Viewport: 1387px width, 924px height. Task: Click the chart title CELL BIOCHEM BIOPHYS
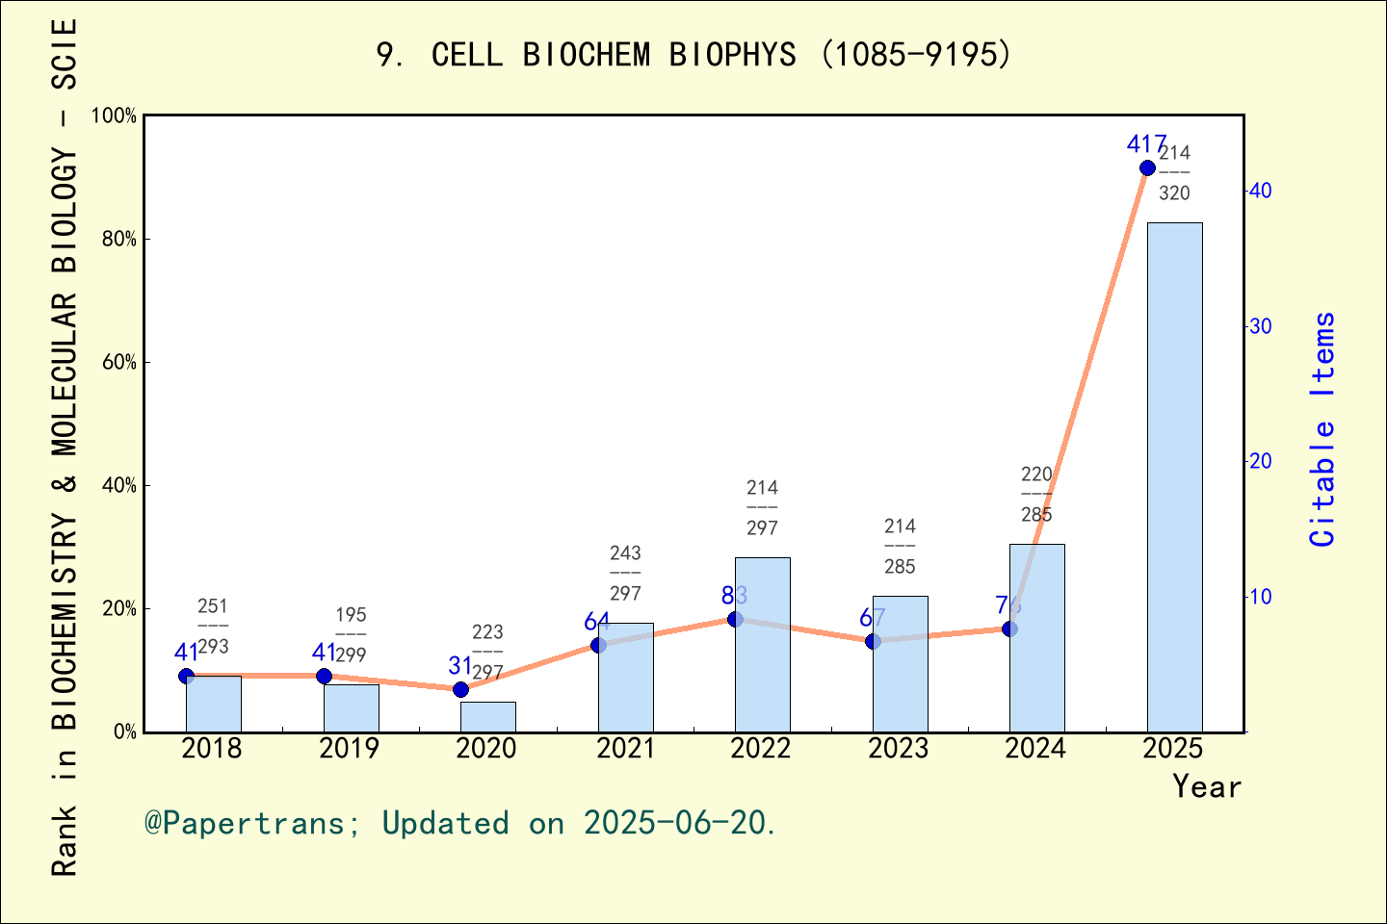(693, 55)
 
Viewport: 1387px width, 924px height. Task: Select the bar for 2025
(1174, 476)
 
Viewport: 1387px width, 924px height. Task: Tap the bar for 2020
(487, 717)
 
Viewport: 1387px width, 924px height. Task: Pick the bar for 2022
(762, 645)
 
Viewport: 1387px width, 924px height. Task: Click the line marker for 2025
(1147, 168)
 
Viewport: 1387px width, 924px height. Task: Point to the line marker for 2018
(186, 677)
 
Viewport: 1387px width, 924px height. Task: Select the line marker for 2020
(460, 689)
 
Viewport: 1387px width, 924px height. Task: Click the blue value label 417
(1146, 145)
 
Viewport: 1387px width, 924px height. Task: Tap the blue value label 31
(460, 666)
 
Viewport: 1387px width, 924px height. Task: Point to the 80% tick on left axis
(119, 239)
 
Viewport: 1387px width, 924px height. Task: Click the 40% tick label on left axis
(119, 485)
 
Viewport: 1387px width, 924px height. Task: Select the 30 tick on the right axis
(1260, 326)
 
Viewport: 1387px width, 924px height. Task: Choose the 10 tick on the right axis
(1260, 597)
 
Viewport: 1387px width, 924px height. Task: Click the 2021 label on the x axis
(624, 749)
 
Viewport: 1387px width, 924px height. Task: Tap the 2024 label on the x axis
(1035, 749)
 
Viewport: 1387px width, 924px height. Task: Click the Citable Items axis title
(1323, 429)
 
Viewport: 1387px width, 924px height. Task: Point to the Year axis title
(1207, 787)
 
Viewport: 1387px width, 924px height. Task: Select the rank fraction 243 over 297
(625, 574)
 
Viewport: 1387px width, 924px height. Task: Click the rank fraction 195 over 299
(351, 635)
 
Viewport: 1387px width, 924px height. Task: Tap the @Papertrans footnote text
(460, 824)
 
